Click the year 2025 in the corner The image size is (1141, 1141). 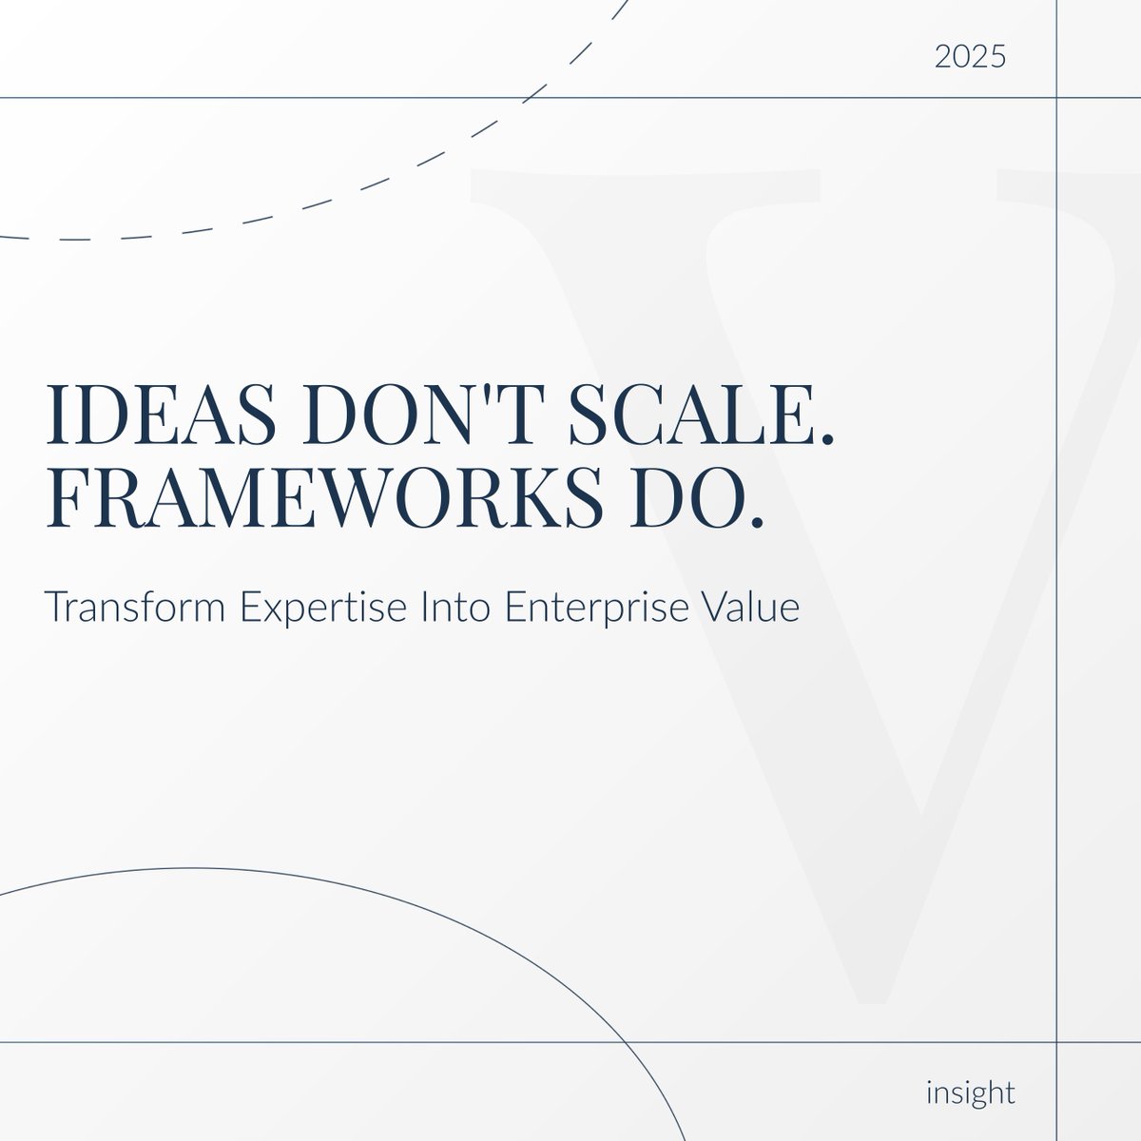970,58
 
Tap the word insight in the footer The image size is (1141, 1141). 970,1092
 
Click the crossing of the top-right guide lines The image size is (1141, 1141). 1058,97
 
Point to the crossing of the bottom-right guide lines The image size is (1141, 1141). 1058,1042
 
